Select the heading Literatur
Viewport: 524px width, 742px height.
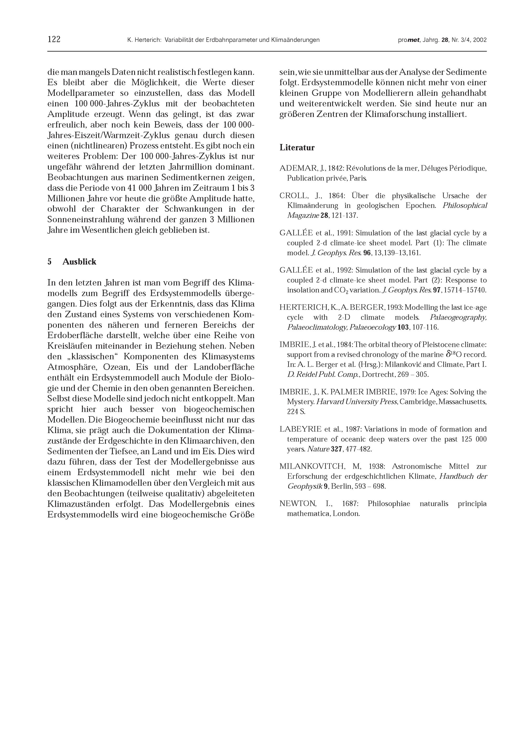point(297,148)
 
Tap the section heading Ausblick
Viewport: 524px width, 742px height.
point(79,262)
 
